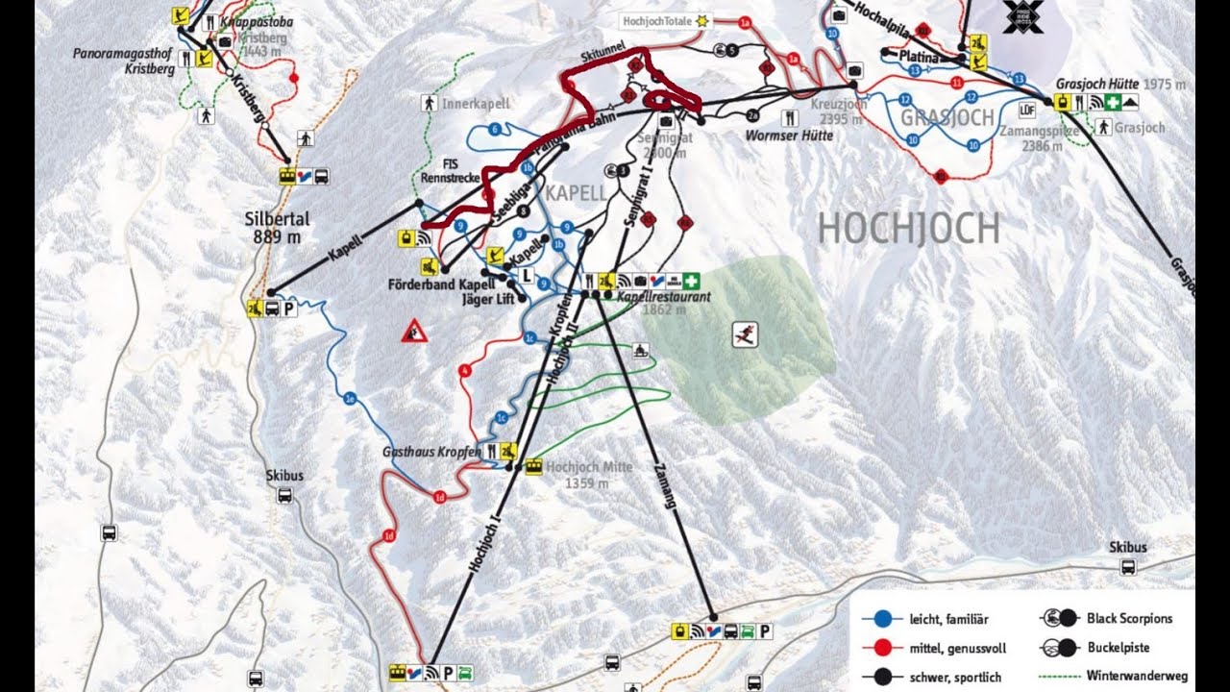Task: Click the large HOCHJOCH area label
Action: click(x=908, y=229)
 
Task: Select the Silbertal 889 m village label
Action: click(x=275, y=228)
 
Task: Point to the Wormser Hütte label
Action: click(x=789, y=136)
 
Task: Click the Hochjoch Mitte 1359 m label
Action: click(x=589, y=475)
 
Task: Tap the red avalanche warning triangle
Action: click(x=414, y=332)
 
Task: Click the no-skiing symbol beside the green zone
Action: click(x=745, y=334)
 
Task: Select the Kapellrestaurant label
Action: click(x=663, y=297)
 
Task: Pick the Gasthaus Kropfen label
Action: click(x=432, y=451)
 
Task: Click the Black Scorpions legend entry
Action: click(x=1129, y=618)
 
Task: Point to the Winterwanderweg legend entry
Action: click(x=1137, y=676)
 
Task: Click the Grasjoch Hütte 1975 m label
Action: click(x=1119, y=85)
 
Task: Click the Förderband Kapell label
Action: click(x=441, y=284)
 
